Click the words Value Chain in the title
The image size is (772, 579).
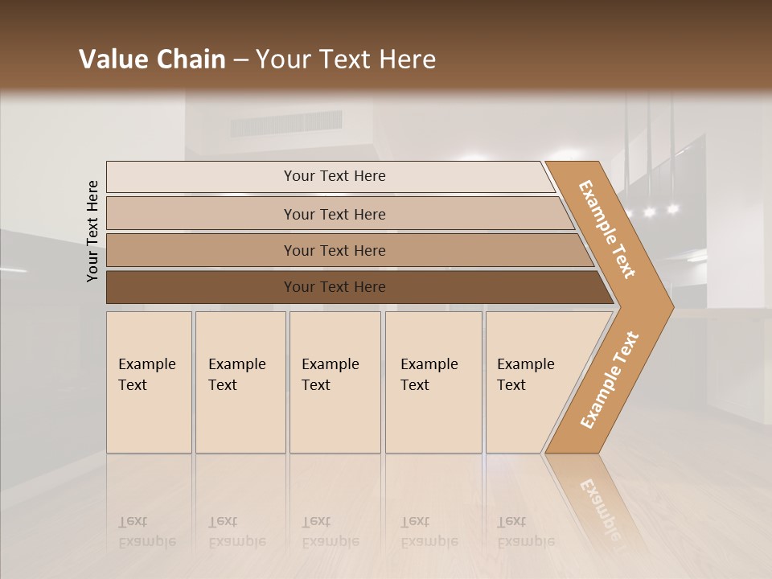tap(152, 60)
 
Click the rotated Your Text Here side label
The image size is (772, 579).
tap(92, 231)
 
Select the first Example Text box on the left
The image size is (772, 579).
tap(149, 382)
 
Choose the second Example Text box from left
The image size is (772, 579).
tap(240, 382)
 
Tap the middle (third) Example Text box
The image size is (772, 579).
tap(335, 382)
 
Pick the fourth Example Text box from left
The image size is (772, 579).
tap(433, 382)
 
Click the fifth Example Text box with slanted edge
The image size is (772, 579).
tap(535, 382)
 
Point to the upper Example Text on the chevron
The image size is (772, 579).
tap(607, 229)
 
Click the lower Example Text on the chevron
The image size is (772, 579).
tap(609, 380)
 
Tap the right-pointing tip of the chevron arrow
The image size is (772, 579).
tap(671, 307)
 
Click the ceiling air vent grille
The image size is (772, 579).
tap(285, 124)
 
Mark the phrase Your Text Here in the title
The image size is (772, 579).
tap(346, 60)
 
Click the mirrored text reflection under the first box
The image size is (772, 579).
tap(147, 532)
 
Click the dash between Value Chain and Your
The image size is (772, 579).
tap(240, 60)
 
